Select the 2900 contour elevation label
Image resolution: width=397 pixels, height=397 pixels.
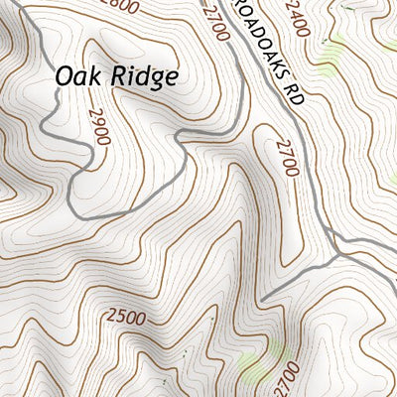pyautogui.click(x=98, y=127)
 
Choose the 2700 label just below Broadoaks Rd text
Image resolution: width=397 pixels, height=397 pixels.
pyautogui.click(x=288, y=157)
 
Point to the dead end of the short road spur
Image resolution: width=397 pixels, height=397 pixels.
pyautogui.click(x=263, y=298)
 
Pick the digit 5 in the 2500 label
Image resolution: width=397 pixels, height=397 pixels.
pyautogui.click(x=118, y=318)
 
